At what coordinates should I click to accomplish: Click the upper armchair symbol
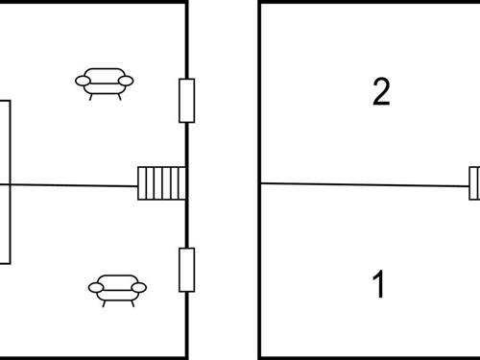pyautogui.click(x=104, y=83)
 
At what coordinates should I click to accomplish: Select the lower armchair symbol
pyautogui.click(x=118, y=288)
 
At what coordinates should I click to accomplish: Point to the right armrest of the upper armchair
pyautogui.click(x=127, y=81)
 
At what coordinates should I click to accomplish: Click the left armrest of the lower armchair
pyautogui.click(x=95, y=286)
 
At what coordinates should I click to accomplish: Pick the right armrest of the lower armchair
pyautogui.click(x=141, y=286)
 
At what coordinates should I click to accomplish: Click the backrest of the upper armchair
pyautogui.click(x=104, y=73)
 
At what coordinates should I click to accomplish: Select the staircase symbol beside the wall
pyautogui.click(x=160, y=182)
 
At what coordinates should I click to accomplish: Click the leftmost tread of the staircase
pyautogui.click(x=142, y=182)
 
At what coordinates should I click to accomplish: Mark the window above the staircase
pyautogui.click(x=187, y=100)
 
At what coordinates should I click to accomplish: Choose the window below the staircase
pyautogui.click(x=187, y=270)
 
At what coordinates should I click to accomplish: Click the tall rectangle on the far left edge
pyautogui.click(x=5, y=181)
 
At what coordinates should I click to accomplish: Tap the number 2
pyautogui.click(x=381, y=92)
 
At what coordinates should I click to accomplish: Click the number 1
pyautogui.click(x=379, y=284)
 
